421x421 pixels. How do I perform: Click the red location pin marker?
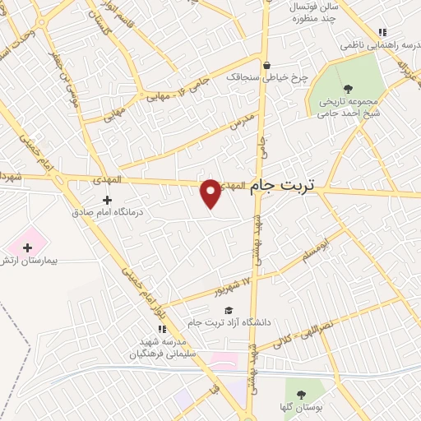(x=211, y=193)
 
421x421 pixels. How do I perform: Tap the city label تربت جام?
(x=282, y=186)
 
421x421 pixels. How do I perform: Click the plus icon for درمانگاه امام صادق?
(x=107, y=200)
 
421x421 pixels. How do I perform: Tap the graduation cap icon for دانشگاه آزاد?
(x=228, y=309)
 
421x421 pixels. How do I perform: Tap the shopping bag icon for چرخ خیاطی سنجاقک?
(x=266, y=66)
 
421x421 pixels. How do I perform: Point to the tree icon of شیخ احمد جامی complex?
(x=348, y=88)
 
